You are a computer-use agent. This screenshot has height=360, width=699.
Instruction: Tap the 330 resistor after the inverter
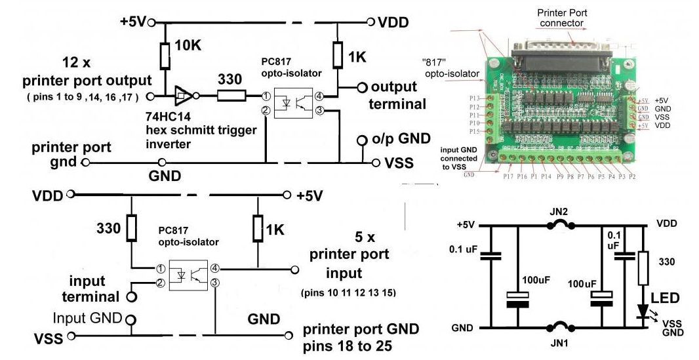tap(229, 96)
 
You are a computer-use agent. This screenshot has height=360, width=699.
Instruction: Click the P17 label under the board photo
tap(508, 176)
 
